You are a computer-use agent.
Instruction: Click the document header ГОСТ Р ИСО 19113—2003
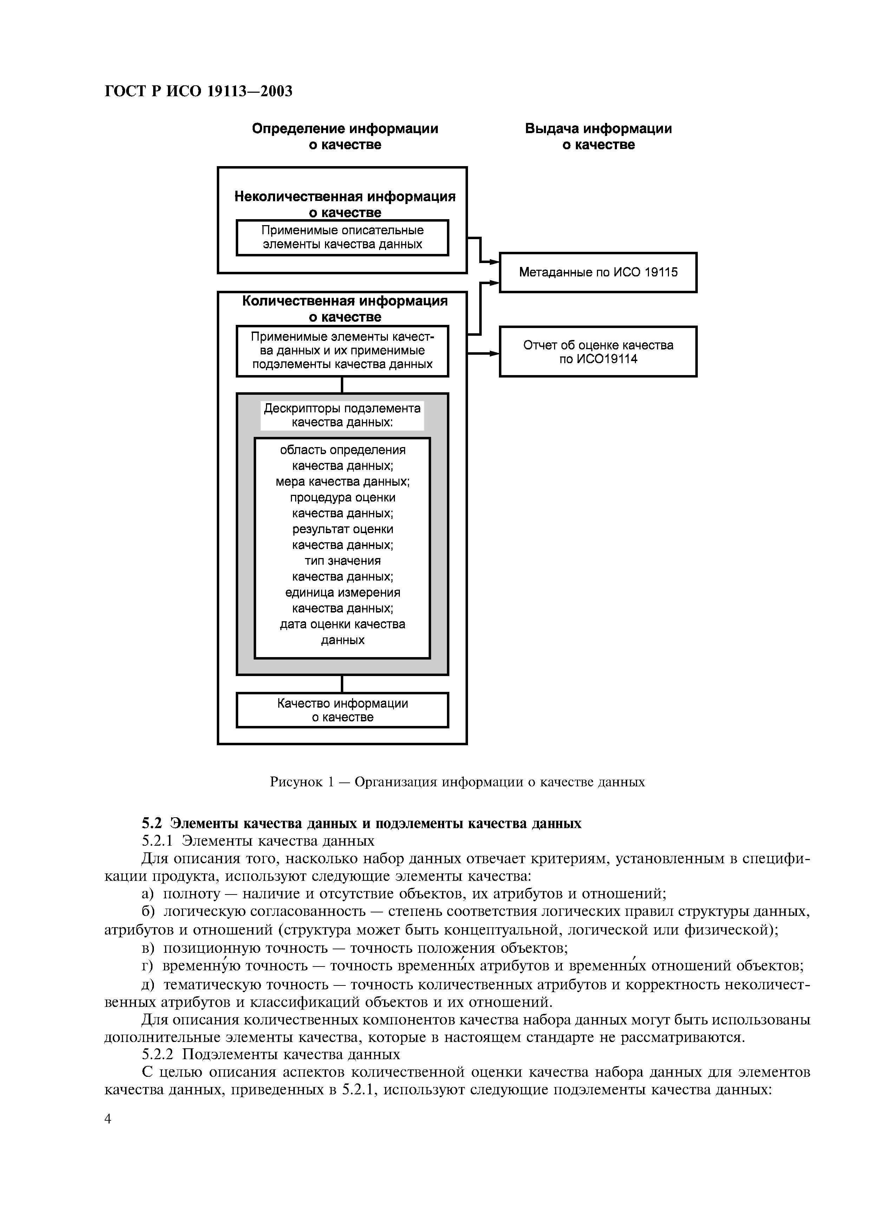[199, 92]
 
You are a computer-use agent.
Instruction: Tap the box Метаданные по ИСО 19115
[598, 272]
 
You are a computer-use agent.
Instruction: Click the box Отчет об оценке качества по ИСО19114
[598, 352]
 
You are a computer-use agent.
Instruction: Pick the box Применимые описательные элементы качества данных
[342, 237]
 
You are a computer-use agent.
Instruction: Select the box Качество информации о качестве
[342, 710]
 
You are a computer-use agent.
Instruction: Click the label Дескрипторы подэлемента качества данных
[342, 415]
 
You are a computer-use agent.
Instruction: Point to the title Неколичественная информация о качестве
[345, 204]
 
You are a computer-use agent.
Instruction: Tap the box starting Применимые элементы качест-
[342, 350]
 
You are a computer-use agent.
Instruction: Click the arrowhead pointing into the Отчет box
[494, 353]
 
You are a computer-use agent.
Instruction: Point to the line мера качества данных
[342, 482]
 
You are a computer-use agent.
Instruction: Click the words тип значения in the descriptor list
[342, 561]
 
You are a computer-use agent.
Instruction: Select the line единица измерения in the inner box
[342, 592]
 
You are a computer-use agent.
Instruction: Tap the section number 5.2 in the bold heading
[152, 823]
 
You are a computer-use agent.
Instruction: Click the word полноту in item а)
[191, 894]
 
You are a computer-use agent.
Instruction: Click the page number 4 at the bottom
[108, 1119]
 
